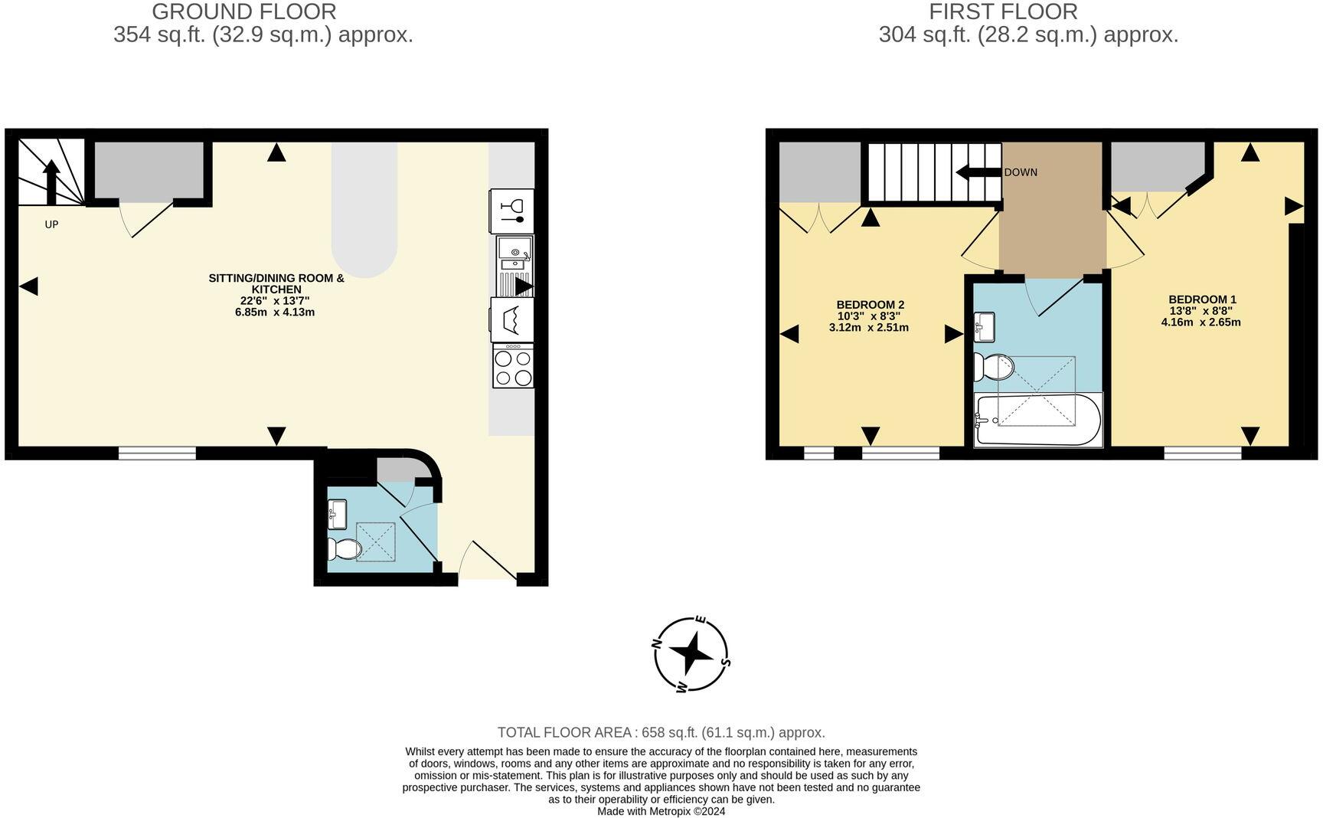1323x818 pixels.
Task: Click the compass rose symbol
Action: pos(691,653)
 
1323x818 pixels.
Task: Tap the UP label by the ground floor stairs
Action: pos(51,224)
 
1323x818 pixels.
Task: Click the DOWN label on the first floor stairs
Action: pos(1021,172)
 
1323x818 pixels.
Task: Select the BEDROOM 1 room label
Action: pos(1201,299)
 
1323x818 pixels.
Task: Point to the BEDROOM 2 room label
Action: pos(870,305)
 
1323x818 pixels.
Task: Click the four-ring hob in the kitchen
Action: pos(513,368)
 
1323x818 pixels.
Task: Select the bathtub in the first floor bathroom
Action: pos(1038,420)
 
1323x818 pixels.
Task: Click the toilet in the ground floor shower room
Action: pos(345,548)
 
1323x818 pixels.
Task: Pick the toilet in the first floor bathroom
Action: pos(994,368)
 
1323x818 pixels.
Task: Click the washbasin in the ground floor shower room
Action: pos(337,513)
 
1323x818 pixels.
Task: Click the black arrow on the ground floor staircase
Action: pos(51,181)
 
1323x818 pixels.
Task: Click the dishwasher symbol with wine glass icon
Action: pos(511,211)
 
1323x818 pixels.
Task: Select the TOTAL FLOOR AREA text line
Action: pos(661,732)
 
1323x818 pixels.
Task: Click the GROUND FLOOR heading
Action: pos(243,11)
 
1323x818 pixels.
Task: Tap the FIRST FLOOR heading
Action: pos(1003,11)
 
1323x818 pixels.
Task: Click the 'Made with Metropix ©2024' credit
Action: pos(661,811)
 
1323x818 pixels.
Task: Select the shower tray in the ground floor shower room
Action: pos(376,542)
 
